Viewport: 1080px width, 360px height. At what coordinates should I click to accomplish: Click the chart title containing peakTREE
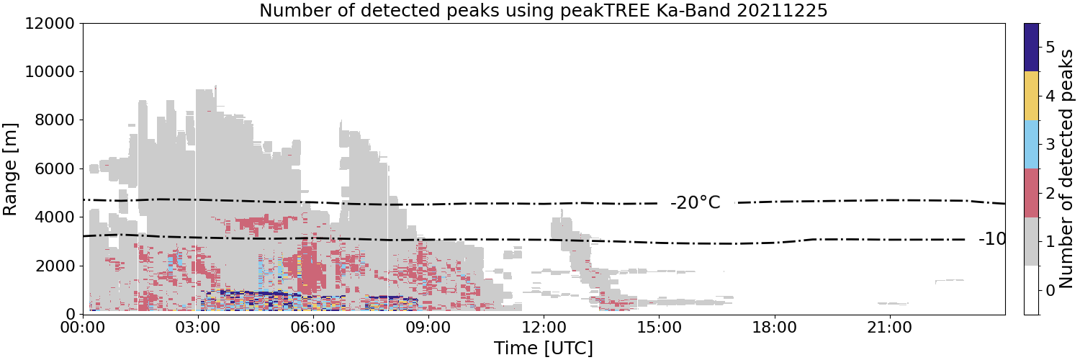click(x=544, y=9)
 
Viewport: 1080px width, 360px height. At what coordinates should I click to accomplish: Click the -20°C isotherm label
click(x=696, y=203)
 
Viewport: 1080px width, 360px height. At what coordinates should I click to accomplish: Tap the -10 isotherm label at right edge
click(x=991, y=239)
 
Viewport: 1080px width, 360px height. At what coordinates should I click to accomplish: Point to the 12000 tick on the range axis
click(x=50, y=23)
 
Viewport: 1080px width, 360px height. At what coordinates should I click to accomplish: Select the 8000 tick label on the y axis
click(x=55, y=120)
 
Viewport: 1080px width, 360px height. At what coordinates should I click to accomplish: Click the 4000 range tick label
click(x=55, y=217)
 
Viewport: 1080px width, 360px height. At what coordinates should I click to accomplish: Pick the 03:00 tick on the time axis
click(x=198, y=328)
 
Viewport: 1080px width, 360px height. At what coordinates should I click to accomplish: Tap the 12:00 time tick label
click(x=544, y=328)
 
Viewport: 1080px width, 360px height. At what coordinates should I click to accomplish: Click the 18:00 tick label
click(x=774, y=328)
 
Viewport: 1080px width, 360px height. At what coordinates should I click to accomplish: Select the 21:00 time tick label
click(x=889, y=328)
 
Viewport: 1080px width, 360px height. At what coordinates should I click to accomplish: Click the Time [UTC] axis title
click(x=544, y=348)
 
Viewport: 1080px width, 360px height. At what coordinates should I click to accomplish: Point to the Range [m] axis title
click(x=10, y=169)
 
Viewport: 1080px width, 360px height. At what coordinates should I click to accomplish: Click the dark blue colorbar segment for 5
click(x=1031, y=48)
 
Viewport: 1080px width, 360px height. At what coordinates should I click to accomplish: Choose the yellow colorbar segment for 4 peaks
click(x=1031, y=96)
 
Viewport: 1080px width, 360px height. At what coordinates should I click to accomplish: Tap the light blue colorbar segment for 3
click(x=1031, y=145)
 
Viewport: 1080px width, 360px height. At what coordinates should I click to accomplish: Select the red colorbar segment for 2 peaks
click(x=1031, y=193)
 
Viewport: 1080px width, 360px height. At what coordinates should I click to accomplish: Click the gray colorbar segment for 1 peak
click(x=1031, y=241)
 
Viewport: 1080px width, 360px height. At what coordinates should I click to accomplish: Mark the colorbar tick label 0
click(x=1050, y=290)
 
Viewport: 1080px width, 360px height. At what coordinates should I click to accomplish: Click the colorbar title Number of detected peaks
click(x=1068, y=168)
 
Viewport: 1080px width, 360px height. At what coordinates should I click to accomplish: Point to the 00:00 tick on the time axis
click(x=83, y=328)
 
